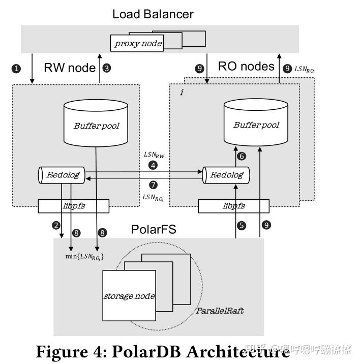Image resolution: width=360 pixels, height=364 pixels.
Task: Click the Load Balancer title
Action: [x=153, y=14]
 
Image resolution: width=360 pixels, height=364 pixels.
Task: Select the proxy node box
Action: [x=138, y=43]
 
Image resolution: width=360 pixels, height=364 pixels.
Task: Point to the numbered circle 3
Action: [x=106, y=68]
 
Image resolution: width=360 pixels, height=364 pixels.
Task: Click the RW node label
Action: [x=70, y=68]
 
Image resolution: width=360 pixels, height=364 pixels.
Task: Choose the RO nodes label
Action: [x=246, y=67]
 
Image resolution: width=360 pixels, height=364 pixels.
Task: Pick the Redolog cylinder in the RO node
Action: [x=226, y=175]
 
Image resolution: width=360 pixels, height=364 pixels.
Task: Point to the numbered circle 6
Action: [x=242, y=157]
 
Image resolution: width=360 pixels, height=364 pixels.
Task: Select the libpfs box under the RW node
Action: [x=73, y=206]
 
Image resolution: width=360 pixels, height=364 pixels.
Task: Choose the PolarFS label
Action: [x=154, y=229]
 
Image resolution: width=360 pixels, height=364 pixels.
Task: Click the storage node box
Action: [x=129, y=296]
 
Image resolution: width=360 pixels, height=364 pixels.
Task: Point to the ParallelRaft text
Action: [x=220, y=310]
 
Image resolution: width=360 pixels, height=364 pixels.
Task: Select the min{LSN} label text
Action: [x=84, y=257]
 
